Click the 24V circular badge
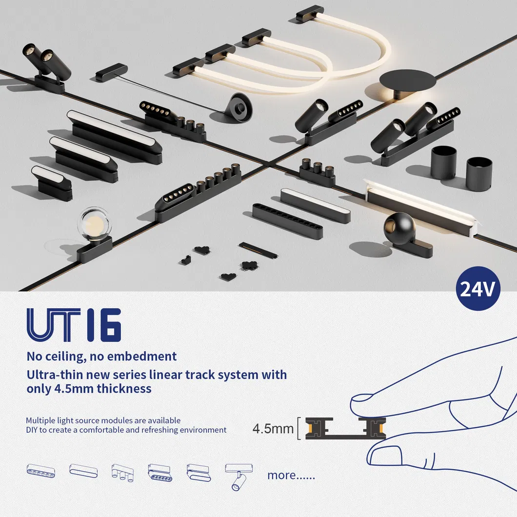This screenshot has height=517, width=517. coord(478,289)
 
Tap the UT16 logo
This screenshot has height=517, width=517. coord(74,325)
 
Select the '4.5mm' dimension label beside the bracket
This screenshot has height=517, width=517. coord(273,429)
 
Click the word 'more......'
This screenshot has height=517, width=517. coord(291,475)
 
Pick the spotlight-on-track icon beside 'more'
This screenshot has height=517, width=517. coord(239,477)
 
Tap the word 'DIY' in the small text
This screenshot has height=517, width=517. coord(32,430)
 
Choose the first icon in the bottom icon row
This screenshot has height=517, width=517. coord(41,471)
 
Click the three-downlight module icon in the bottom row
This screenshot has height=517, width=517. coord(122,473)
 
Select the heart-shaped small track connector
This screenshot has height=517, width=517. coord(228,277)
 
